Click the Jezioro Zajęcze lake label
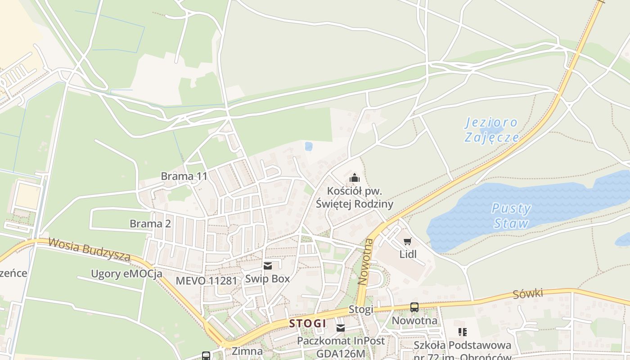[x=491, y=130]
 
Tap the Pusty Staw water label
[x=511, y=216]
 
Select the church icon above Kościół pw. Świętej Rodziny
[x=355, y=178]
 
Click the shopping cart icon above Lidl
[x=408, y=242]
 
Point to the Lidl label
[x=408, y=254]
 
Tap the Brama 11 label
[x=184, y=176]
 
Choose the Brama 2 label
[x=150, y=224]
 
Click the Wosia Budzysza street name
[x=89, y=250]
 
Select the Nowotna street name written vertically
[x=365, y=261]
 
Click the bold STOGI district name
[x=307, y=323]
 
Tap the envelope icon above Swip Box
[x=268, y=266]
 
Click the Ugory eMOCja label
[x=126, y=274]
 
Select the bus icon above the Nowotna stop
[x=414, y=307]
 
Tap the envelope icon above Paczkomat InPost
[x=341, y=328]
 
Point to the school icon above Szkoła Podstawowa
[x=462, y=332]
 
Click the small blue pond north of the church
[x=308, y=146]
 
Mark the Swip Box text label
[x=267, y=279]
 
